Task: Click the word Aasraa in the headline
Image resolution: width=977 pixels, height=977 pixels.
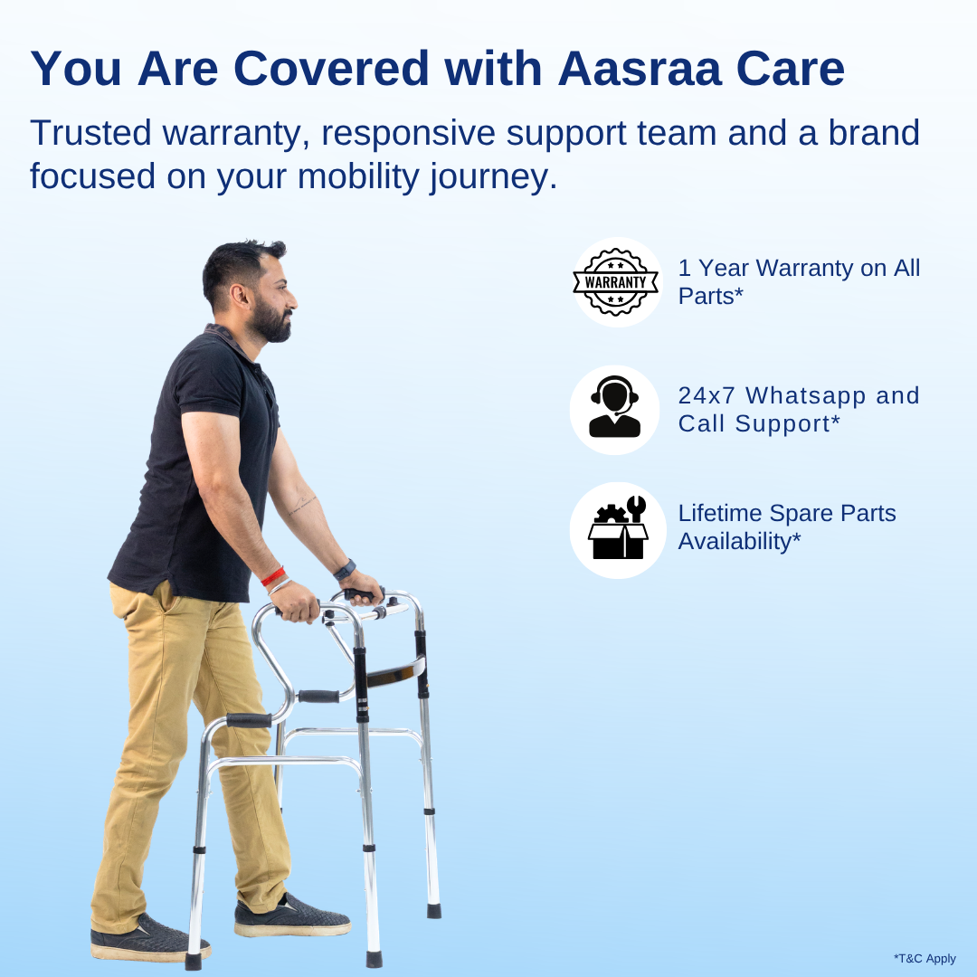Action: (639, 70)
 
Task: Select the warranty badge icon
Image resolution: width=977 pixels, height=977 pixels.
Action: (617, 281)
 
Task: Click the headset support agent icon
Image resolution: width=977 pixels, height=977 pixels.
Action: (615, 409)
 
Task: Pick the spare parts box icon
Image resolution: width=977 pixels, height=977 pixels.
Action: (618, 529)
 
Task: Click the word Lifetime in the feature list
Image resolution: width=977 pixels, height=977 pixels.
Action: (720, 514)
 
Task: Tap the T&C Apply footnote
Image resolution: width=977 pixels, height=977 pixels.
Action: (924, 959)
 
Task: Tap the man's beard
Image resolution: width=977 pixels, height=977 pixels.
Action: (273, 324)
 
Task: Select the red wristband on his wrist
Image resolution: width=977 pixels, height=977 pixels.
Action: (272, 575)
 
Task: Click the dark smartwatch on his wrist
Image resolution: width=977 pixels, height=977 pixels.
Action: (344, 570)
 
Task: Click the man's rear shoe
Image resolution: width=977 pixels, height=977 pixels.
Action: (150, 941)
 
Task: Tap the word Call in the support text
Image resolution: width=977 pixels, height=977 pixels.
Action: (701, 423)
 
